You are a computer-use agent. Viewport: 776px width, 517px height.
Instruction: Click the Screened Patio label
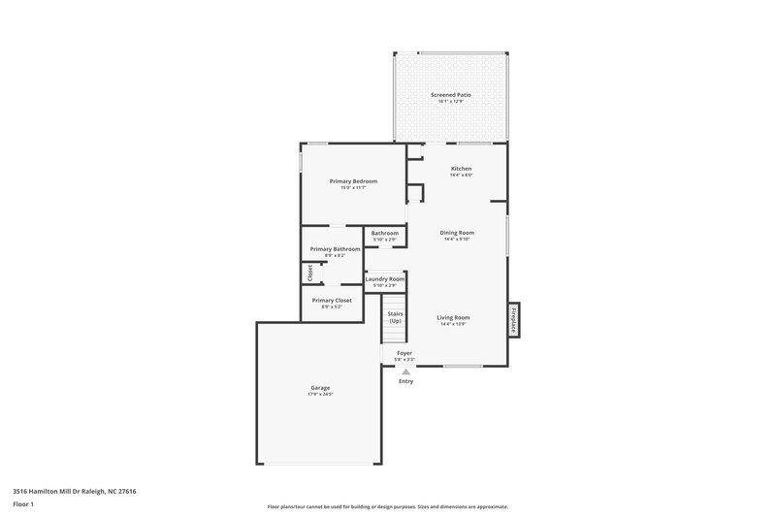tap(450, 94)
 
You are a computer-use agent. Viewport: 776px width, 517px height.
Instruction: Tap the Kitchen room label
tap(461, 168)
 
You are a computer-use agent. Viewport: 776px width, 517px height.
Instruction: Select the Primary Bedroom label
tap(353, 181)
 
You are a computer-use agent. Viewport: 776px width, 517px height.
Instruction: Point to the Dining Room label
tap(456, 233)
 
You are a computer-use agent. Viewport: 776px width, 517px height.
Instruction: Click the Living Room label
tap(453, 318)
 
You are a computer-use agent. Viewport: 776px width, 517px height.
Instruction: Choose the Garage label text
tap(320, 388)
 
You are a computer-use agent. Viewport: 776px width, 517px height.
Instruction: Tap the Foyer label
tap(404, 353)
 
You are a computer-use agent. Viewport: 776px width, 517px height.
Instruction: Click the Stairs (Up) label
tap(395, 317)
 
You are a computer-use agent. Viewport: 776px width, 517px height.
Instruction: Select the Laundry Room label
tap(384, 279)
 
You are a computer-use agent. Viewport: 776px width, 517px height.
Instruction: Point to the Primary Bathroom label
tap(335, 249)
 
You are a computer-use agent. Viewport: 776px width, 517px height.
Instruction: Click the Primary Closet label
tap(332, 301)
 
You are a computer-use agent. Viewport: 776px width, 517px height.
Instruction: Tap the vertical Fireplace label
tap(513, 318)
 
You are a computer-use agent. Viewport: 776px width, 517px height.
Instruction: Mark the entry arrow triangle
tap(405, 371)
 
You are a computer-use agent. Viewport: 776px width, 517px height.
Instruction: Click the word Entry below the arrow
tap(405, 381)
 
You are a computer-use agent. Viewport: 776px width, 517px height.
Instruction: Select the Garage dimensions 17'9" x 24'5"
tap(320, 395)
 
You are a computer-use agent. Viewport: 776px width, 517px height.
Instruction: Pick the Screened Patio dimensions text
tap(450, 101)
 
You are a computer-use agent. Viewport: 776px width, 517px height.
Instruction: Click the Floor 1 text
tap(24, 505)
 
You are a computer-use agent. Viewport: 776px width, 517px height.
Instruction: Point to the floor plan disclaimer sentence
tap(387, 506)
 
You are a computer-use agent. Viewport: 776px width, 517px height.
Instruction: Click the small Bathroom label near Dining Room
tap(384, 233)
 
